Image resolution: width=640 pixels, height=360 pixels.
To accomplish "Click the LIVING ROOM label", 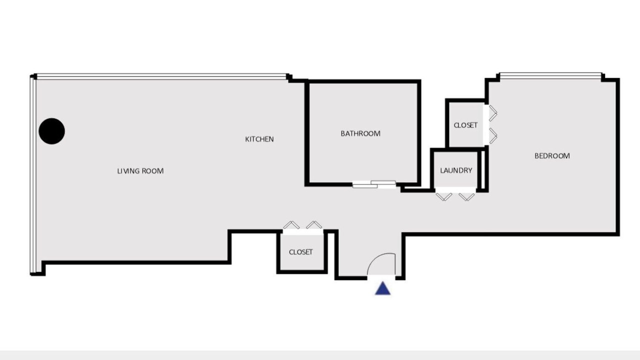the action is click(x=140, y=171).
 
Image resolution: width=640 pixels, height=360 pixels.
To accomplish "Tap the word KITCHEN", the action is click(x=259, y=139).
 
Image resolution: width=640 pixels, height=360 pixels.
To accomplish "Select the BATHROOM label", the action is click(x=360, y=133).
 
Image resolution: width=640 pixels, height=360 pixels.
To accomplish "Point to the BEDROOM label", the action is click(x=552, y=155).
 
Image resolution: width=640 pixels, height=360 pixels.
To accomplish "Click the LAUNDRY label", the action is click(x=456, y=170).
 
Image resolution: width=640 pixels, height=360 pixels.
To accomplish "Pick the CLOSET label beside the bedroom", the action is click(x=465, y=125).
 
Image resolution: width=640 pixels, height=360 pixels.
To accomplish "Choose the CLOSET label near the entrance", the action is click(x=300, y=252).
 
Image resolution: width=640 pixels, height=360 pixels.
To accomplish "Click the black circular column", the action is click(x=51, y=131).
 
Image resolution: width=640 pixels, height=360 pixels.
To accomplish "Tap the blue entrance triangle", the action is click(x=382, y=288).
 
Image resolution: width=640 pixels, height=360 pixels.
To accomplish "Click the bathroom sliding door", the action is click(x=374, y=184).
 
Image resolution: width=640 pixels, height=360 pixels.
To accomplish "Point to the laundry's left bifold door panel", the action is click(x=443, y=197).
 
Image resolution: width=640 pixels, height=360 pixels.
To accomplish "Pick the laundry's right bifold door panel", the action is click(x=466, y=197).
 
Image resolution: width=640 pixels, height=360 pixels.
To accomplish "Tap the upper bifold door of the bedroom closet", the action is click(x=493, y=113).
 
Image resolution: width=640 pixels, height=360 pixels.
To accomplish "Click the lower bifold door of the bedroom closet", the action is click(x=493, y=135).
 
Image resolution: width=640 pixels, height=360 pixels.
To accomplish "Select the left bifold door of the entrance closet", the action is click(x=291, y=225).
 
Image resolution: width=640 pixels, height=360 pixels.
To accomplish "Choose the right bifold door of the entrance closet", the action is click(x=314, y=225).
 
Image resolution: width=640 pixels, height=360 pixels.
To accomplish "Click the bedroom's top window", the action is click(x=550, y=75).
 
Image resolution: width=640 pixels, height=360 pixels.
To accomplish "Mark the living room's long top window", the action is click(x=161, y=76).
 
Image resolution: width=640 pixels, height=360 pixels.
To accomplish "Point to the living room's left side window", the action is click(x=33, y=175).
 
